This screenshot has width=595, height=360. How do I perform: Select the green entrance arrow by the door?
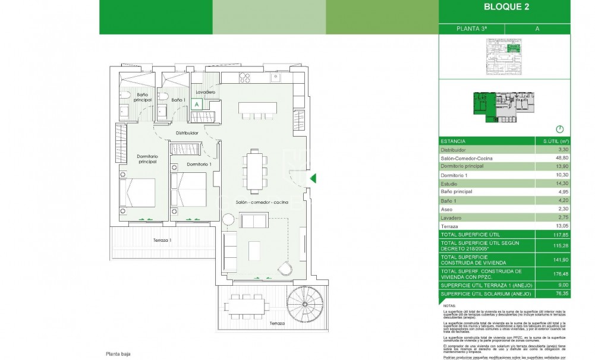click(x=314, y=178)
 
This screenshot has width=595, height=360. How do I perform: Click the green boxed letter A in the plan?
click(x=197, y=104)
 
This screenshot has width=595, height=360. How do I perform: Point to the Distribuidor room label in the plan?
click(x=187, y=133)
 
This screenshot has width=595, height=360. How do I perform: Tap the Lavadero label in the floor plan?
click(x=204, y=93)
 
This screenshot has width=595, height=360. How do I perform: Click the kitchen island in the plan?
click(x=258, y=109)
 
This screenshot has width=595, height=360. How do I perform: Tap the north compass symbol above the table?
click(x=558, y=129)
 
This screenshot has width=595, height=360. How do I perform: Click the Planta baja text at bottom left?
click(x=118, y=353)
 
